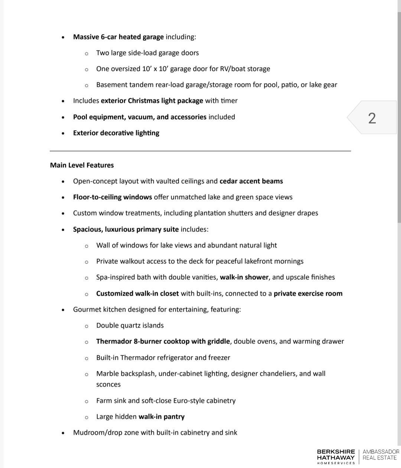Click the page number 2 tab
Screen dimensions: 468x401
tap(372, 118)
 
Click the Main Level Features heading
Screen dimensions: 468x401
tap(82, 165)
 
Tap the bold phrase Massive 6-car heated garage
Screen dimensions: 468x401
tap(118, 37)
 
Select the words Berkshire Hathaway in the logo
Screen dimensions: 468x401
tap(336, 454)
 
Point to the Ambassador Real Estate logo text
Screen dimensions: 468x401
tap(381, 455)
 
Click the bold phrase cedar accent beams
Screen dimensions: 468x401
tap(251, 181)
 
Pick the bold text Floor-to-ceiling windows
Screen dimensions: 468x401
tap(112, 197)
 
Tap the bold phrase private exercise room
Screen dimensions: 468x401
tap(308, 293)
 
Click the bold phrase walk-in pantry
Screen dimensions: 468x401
tap(161, 416)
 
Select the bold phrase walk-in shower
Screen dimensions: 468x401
tap(244, 277)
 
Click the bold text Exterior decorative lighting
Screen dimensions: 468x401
tap(116, 133)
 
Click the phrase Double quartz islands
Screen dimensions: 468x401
tap(130, 325)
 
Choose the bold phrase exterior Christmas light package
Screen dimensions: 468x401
tap(152, 100)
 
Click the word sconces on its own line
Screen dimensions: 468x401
tap(108, 384)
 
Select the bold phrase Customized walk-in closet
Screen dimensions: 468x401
tap(137, 293)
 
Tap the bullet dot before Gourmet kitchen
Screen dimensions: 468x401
tap(63, 310)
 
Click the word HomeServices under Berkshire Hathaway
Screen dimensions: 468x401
tap(336, 463)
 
